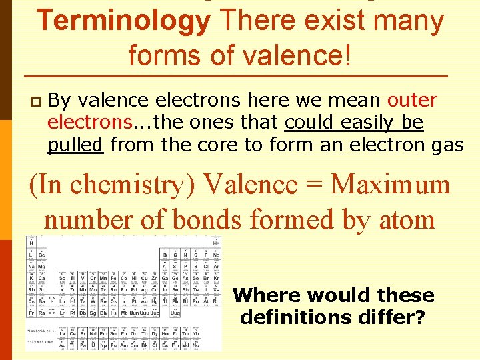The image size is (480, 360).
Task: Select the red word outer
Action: tap(412, 101)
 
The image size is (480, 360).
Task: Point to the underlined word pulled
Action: tap(75, 145)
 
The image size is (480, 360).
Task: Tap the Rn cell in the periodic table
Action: tap(216, 301)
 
